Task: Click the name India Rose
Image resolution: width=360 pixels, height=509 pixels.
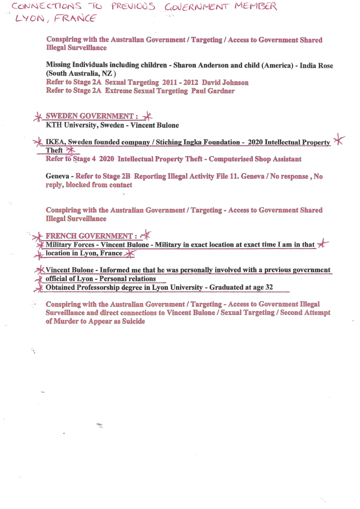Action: (316, 65)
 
